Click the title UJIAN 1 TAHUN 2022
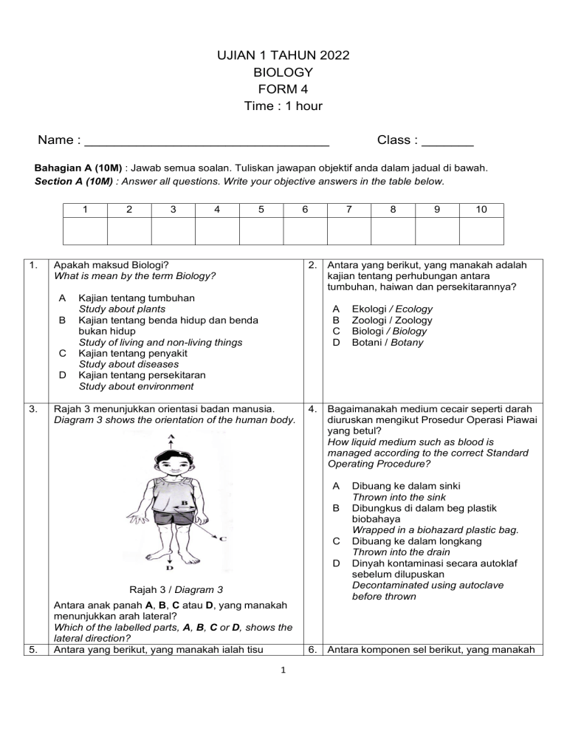click(x=283, y=55)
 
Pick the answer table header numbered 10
click(x=481, y=210)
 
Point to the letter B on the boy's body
click(x=183, y=504)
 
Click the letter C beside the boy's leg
click(x=222, y=538)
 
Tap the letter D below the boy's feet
click(x=169, y=569)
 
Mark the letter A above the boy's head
click(x=171, y=438)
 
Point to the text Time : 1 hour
click(x=283, y=106)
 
